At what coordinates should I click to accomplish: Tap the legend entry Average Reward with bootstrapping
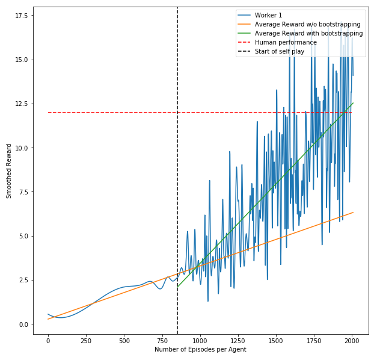point(308,34)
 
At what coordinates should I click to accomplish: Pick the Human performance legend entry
point(286,43)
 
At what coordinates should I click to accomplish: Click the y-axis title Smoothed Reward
point(9,170)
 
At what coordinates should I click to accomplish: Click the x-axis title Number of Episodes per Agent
point(200,350)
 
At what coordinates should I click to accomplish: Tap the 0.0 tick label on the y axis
point(23,324)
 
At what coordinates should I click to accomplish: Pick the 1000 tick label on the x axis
point(200,340)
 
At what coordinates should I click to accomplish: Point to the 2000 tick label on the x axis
point(352,340)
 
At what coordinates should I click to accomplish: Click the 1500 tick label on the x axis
point(276,340)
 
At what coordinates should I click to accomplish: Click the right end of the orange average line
point(353,213)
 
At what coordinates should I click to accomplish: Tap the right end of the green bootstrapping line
point(353,103)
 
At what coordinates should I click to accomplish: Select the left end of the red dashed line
point(48,113)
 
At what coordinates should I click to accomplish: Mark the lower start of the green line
point(177,287)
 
